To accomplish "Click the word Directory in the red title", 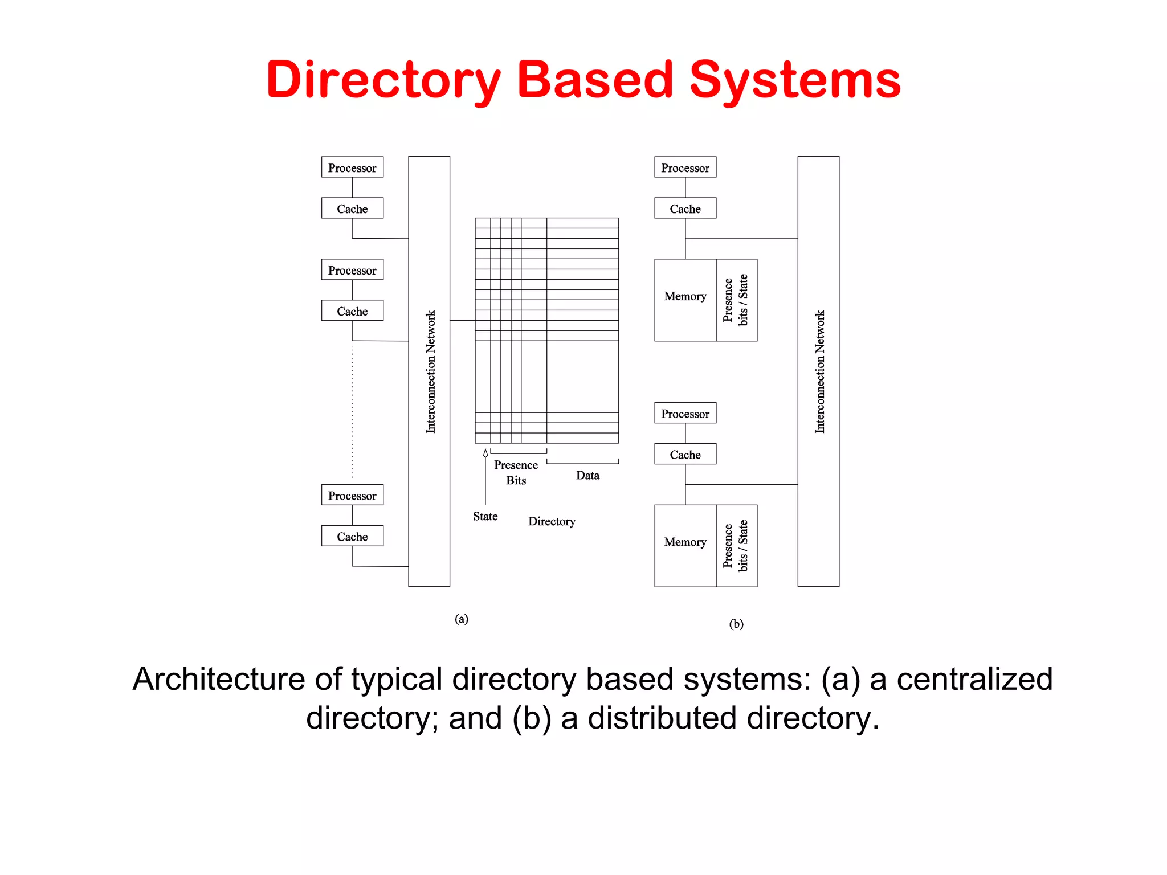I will pos(383,80).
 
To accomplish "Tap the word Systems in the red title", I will pos(795,80).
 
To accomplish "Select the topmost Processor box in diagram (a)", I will pos(352,167).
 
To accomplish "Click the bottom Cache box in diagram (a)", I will pos(352,536).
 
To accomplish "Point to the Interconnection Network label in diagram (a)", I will pos(430,371).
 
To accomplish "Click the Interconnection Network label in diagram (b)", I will pos(819,371).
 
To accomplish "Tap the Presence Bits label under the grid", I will pos(516,472).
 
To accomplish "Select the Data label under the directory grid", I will pos(587,475).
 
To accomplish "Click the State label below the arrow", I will pos(485,516).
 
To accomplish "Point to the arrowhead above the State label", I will pos(485,453).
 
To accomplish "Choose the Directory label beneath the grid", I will pos(552,521).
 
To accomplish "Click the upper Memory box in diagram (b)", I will pos(685,297).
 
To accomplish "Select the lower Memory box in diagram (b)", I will pos(685,542).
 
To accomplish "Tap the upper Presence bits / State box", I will pos(736,300).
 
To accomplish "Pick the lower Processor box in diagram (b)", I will pos(685,414).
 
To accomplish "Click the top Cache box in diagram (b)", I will pos(685,208).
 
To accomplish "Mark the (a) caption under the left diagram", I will pos(462,619).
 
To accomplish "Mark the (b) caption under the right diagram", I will pos(736,624).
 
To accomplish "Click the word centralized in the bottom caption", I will pos(974,679).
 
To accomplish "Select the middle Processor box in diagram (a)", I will pos(352,270).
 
